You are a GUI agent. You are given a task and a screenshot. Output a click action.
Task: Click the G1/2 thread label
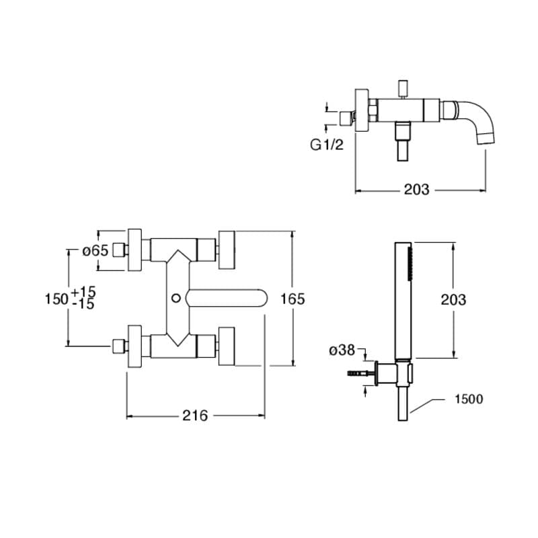pos(326,145)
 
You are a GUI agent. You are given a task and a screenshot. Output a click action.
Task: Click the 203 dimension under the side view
pos(416,190)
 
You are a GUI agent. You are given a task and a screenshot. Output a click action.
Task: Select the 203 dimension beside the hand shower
pos(453,300)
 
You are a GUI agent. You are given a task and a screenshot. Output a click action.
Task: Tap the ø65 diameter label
pos(95,251)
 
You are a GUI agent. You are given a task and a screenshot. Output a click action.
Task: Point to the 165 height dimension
pos(293,299)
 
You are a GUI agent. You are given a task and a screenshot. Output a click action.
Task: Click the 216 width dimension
pos(195,416)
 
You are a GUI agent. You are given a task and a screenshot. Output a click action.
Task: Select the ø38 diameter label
pos(342,350)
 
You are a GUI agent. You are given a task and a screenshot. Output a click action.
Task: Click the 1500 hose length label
pos(469,399)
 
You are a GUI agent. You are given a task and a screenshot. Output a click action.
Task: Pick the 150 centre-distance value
pos(56,299)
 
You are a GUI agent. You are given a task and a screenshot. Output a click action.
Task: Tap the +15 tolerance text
pos(83,292)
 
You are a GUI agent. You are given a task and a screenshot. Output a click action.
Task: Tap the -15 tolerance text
pos(83,305)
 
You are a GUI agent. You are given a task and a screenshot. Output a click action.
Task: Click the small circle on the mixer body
pos(176,298)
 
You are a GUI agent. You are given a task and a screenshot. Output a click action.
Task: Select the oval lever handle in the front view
pos(227,298)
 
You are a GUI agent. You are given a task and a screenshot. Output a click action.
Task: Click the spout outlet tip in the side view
pos(486,139)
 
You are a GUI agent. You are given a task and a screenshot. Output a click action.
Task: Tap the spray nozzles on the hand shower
pos(409,264)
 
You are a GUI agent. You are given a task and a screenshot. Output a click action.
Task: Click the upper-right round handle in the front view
pos(227,249)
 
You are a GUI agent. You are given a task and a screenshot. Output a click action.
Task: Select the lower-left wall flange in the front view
pos(134,346)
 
